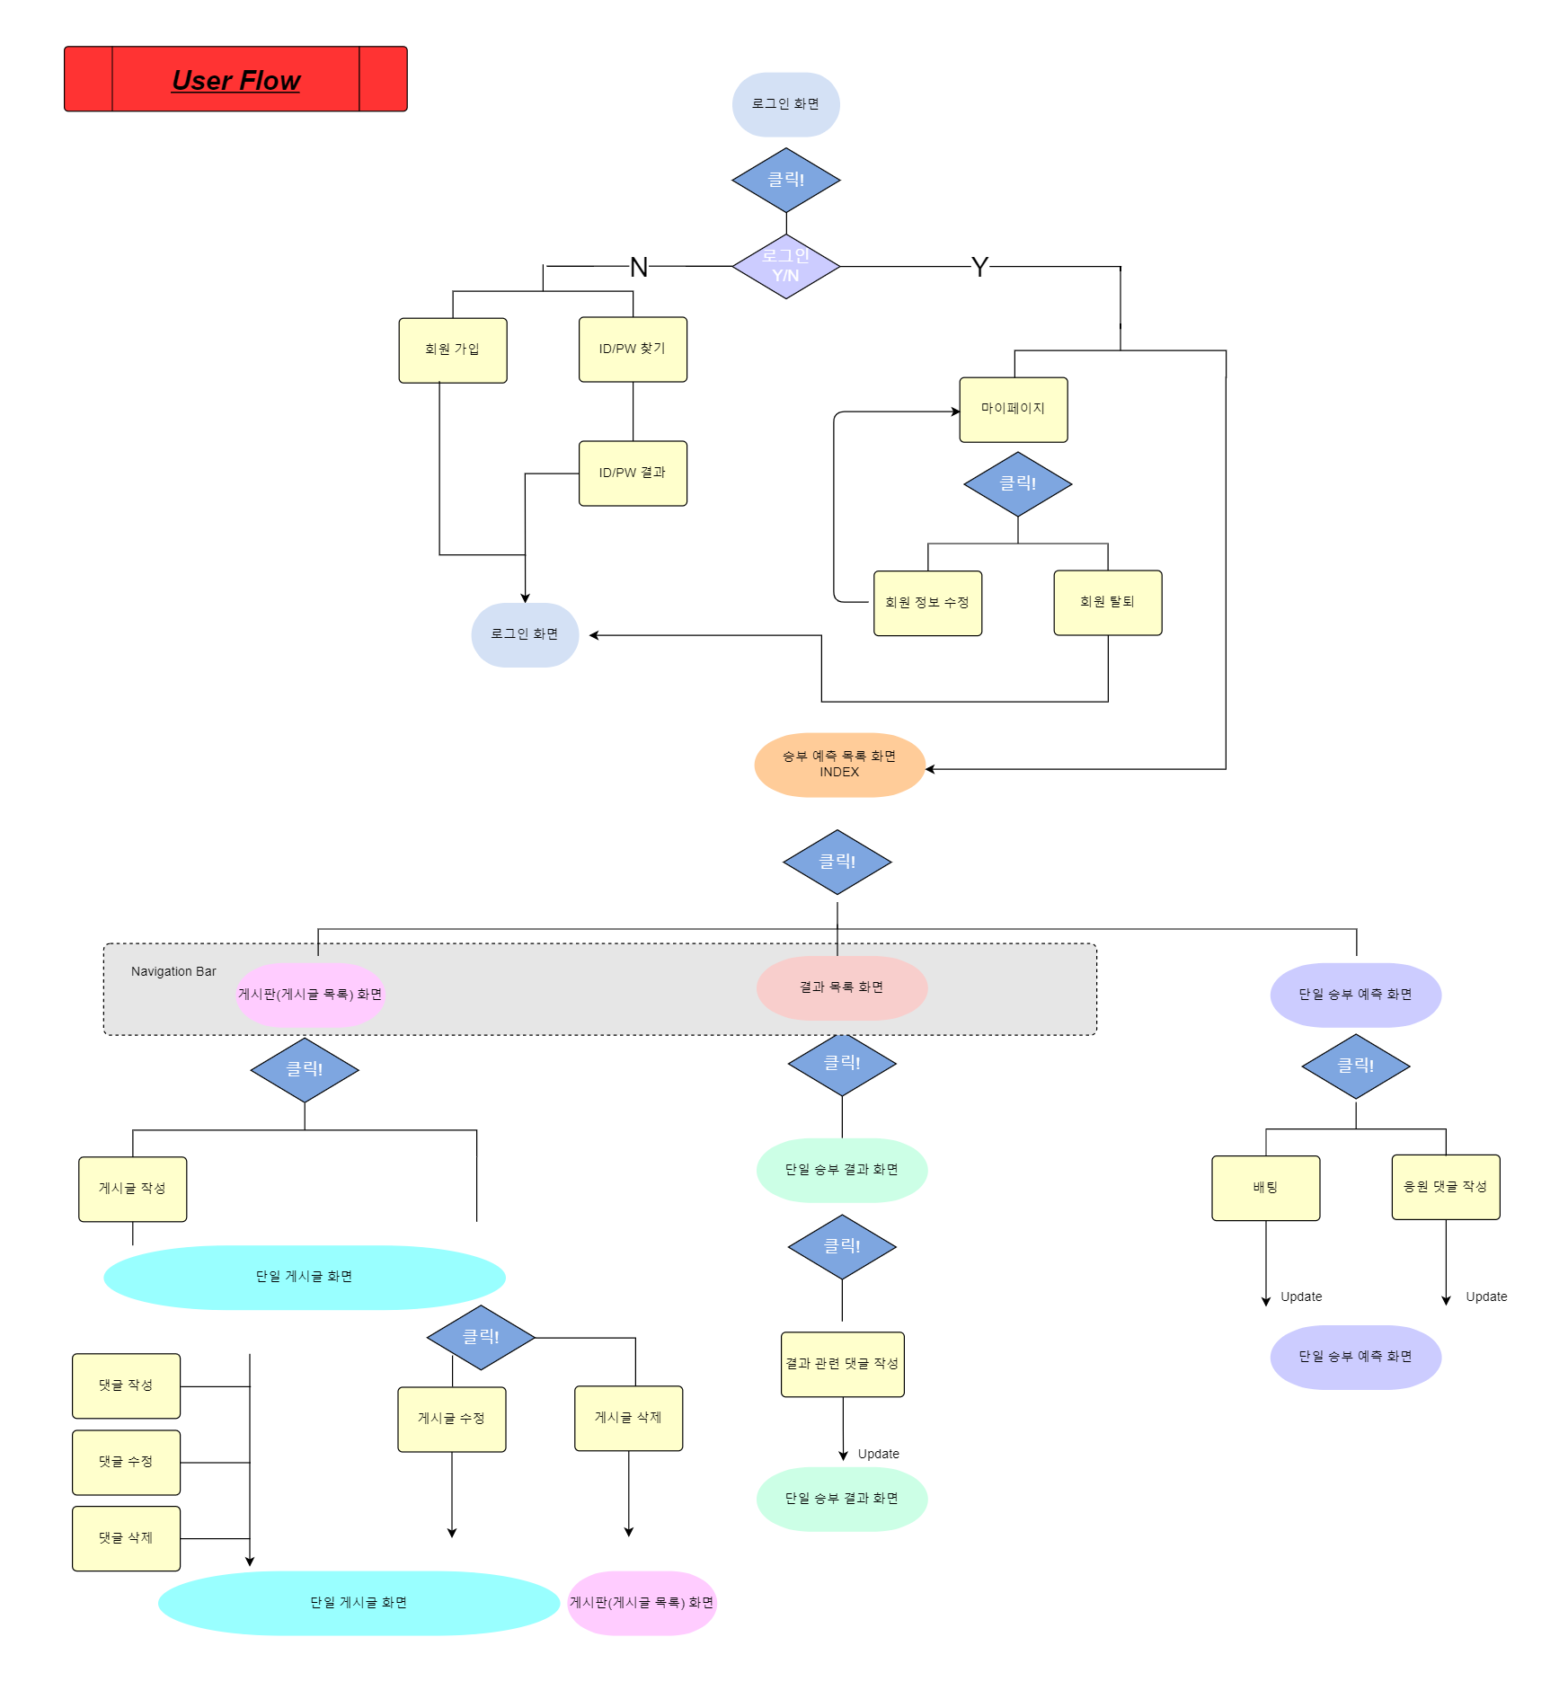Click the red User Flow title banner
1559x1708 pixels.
click(x=235, y=79)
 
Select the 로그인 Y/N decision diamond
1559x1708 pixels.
click(x=786, y=266)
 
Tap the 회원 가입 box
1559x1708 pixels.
click(x=453, y=350)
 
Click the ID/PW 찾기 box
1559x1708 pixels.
click(x=633, y=350)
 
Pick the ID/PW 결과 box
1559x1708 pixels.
click(x=633, y=473)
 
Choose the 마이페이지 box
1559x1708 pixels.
click(x=1014, y=410)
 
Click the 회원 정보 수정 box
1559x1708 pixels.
click(x=927, y=603)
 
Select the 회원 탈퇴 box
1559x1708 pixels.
click(x=1108, y=603)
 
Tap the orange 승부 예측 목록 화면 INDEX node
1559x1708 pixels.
click(x=839, y=765)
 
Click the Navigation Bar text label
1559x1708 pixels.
click(x=173, y=971)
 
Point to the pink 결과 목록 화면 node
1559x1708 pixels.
click(x=842, y=987)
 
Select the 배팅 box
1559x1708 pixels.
click(x=1266, y=1188)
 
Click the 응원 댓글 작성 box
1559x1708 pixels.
click(x=1446, y=1187)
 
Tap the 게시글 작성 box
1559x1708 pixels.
click(x=133, y=1190)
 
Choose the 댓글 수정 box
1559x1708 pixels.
click(x=126, y=1463)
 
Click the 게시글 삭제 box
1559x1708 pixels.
click(x=629, y=1419)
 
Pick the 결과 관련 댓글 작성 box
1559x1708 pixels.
click(x=843, y=1365)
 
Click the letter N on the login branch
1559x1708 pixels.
click(x=639, y=267)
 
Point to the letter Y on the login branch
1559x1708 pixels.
click(x=979, y=267)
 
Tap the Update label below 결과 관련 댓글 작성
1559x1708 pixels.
click(x=878, y=1454)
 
